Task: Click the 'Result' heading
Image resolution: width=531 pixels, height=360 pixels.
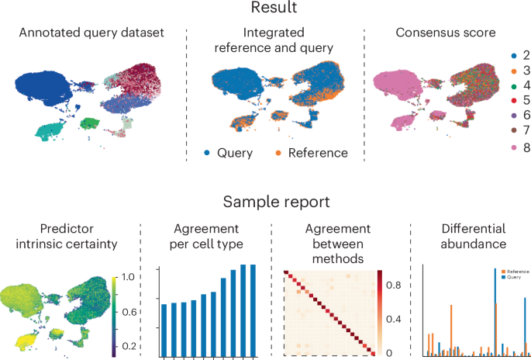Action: [x=265, y=9]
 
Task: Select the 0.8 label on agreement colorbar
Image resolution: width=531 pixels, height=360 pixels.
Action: [x=394, y=285]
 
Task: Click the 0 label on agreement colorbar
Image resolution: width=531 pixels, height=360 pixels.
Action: [x=389, y=353]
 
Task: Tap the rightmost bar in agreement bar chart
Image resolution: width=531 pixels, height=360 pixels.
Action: [x=251, y=310]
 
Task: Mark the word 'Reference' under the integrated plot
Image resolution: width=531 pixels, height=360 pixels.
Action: [x=318, y=153]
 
